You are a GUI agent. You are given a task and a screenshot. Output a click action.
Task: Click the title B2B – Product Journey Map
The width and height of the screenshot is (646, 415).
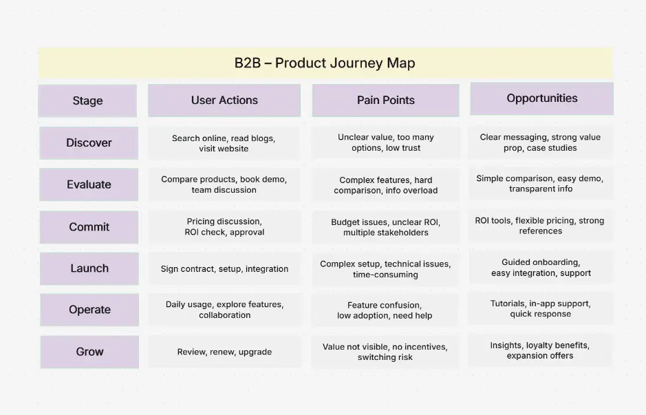pyautogui.click(x=325, y=63)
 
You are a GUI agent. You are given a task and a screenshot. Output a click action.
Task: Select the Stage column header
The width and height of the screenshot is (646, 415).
pyautogui.click(x=87, y=100)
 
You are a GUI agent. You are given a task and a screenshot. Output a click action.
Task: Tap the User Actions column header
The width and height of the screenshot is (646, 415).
pyautogui.click(x=224, y=100)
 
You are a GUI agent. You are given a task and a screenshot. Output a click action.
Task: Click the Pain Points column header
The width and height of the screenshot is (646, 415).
pyautogui.click(x=385, y=100)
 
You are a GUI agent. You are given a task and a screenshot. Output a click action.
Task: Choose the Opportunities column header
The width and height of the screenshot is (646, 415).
pyautogui.click(x=541, y=98)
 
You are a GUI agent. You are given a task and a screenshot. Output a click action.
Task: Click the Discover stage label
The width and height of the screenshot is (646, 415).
pyautogui.click(x=89, y=143)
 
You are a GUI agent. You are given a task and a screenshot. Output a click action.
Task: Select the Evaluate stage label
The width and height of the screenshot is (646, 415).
pyautogui.click(x=89, y=184)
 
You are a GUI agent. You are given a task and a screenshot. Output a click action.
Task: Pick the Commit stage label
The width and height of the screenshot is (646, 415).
pyautogui.click(x=89, y=227)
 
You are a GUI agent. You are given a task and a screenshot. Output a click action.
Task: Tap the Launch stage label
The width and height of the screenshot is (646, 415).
pyautogui.click(x=89, y=268)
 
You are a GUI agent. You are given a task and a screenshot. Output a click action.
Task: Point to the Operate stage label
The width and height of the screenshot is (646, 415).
pyautogui.click(x=89, y=310)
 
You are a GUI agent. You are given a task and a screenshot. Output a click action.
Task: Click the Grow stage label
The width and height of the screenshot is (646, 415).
pyautogui.click(x=89, y=352)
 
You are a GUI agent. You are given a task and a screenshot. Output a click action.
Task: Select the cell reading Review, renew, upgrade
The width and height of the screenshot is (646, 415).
pyautogui.click(x=224, y=352)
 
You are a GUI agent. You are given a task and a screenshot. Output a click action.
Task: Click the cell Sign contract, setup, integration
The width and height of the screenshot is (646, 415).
pyautogui.click(x=224, y=269)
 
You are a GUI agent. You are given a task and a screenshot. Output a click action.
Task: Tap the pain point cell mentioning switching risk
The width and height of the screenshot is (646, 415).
pyautogui.click(x=385, y=352)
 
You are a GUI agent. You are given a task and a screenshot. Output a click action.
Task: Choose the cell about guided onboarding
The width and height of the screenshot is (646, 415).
pyautogui.click(x=541, y=268)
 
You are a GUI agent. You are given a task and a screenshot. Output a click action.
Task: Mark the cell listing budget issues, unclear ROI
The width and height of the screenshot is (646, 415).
pyautogui.click(x=385, y=227)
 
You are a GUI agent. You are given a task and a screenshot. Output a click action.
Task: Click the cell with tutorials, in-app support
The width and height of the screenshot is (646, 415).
pyautogui.click(x=541, y=308)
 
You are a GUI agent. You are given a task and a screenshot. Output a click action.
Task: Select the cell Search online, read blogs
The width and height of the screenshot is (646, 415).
pyautogui.click(x=224, y=143)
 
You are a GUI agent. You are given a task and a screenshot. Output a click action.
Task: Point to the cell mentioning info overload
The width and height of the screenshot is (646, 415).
pyautogui.click(x=385, y=185)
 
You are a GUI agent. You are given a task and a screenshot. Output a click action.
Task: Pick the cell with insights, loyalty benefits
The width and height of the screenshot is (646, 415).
pyautogui.click(x=540, y=350)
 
